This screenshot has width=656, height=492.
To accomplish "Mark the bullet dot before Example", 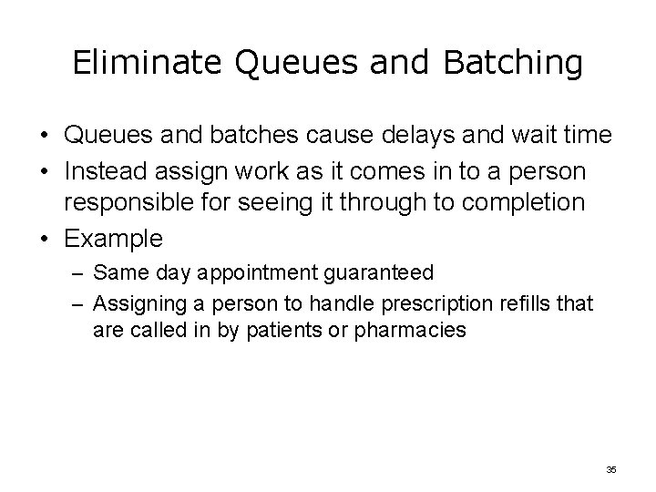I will point(45,240).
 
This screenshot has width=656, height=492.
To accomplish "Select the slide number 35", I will point(610,469).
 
